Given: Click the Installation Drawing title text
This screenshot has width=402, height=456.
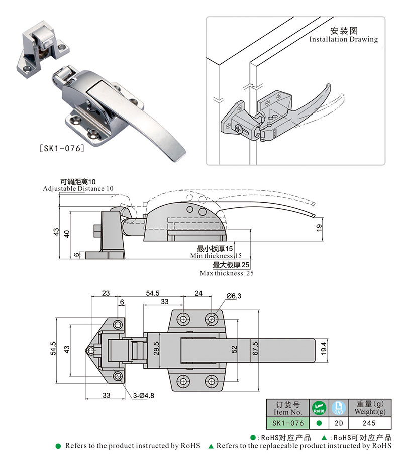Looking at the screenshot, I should click(343, 39).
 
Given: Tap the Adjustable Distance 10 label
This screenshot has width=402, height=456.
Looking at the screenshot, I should click(78, 188).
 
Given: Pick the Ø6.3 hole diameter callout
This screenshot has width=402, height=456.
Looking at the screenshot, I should click(234, 296).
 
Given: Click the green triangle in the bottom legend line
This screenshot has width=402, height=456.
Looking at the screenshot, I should click(211, 446).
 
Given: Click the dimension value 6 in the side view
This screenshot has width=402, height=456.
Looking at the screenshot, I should click(76, 255).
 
